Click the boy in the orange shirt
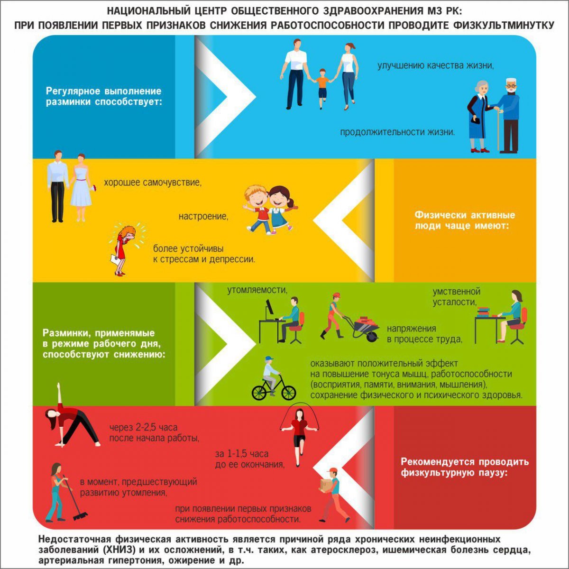click(x=321, y=89)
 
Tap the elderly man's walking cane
click(x=498, y=130)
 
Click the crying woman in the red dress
click(x=124, y=250)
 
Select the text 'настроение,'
click(x=203, y=216)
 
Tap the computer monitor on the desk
click(x=269, y=310)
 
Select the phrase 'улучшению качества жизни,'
click(x=436, y=65)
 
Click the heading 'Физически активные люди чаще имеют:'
click(x=465, y=220)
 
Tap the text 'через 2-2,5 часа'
click(x=143, y=427)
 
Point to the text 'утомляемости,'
click(x=257, y=291)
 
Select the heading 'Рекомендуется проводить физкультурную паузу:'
click(x=465, y=467)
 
